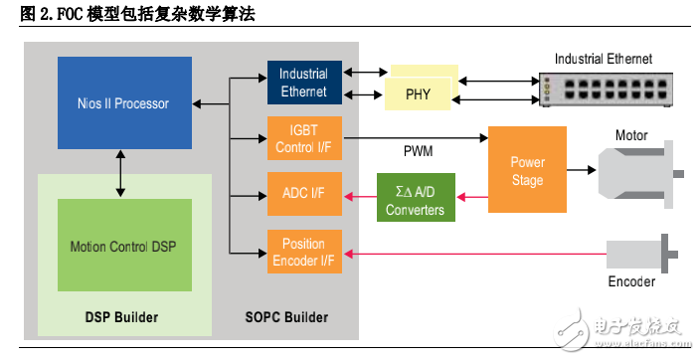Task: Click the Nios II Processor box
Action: [x=124, y=102]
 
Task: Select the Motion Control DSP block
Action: [x=124, y=245]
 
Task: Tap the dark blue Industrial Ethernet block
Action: [x=303, y=83]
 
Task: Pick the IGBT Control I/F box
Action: [x=303, y=137]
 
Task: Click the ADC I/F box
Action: [x=303, y=193]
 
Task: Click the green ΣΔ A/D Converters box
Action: [x=416, y=197]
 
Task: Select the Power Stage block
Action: [x=527, y=171]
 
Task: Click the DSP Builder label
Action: [x=122, y=317]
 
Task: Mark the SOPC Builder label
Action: [x=286, y=317]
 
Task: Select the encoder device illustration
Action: [x=642, y=253]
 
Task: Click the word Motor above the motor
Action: [x=631, y=135]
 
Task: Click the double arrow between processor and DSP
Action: [x=120, y=174]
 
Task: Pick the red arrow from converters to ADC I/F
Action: [x=360, y=197]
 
